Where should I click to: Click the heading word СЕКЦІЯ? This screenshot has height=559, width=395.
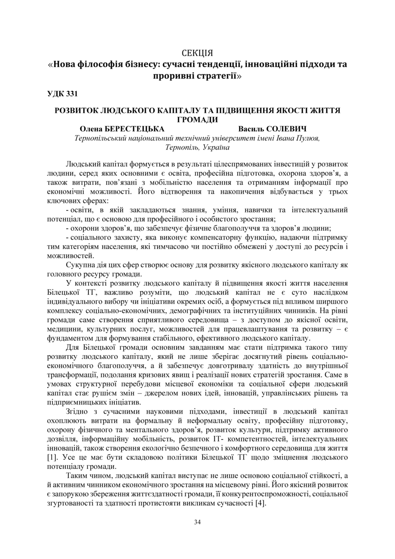[197, 52]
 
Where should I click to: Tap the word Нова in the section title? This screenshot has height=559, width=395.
[66, 64]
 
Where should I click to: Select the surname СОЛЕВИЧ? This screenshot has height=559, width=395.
[290, 128]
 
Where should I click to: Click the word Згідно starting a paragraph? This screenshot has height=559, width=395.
[78, 411]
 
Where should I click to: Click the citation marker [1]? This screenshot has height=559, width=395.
[52, 458]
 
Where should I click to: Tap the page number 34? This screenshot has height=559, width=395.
[197, 522]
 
